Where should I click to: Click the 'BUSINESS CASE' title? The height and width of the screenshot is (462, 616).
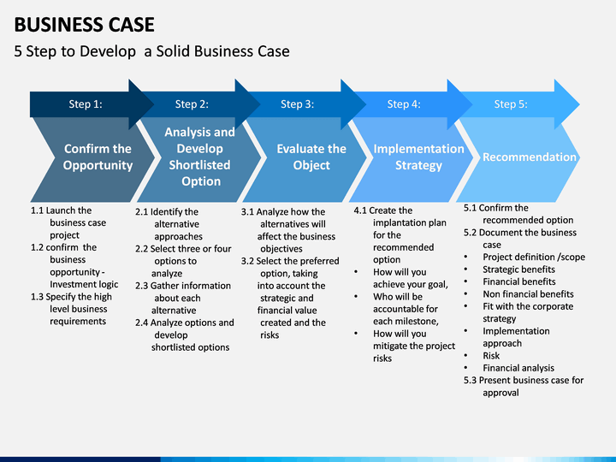coord(84,24)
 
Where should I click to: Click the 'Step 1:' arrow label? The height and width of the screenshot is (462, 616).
coord(86,104)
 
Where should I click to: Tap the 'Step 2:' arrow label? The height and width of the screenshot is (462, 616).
coord(192,104)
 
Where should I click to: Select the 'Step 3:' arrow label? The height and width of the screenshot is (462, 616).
coord(298,104)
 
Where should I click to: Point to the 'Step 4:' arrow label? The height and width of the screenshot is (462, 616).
coord(404,104)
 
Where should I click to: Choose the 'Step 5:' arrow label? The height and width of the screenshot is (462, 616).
coord(511,104)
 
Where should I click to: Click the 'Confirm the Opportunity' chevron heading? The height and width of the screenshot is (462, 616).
coord(98,157)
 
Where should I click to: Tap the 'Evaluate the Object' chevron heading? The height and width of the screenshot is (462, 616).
coord(311,157)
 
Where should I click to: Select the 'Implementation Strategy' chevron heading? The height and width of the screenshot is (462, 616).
coord(418,157)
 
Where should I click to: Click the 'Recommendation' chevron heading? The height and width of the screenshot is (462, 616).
coord(530,157)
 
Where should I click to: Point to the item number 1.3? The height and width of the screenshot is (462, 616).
coord(37,297)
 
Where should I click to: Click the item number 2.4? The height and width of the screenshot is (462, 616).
coord(142,323)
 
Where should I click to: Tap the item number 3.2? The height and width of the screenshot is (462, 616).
coord(247,261)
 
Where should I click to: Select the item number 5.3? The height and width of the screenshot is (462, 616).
coord(470,380)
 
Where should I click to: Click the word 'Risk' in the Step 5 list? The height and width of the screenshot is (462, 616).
coord(491,356)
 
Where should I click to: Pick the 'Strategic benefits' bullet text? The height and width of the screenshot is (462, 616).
coord(519,269)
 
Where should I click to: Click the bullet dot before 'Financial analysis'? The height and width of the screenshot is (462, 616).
coord(466,368)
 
